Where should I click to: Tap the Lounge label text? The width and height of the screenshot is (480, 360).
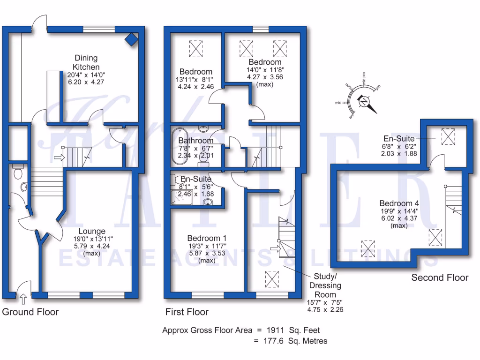pos(92,231)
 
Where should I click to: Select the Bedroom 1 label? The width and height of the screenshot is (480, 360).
pos(207,238)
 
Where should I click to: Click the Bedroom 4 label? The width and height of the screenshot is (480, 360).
pos(399,203)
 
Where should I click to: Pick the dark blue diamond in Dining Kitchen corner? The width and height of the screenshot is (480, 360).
pos(132,39)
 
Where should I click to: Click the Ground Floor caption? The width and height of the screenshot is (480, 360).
pos(31,312)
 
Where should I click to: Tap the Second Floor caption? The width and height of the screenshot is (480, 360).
pos(440,277)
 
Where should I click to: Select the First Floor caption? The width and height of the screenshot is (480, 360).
pos(187,312)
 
